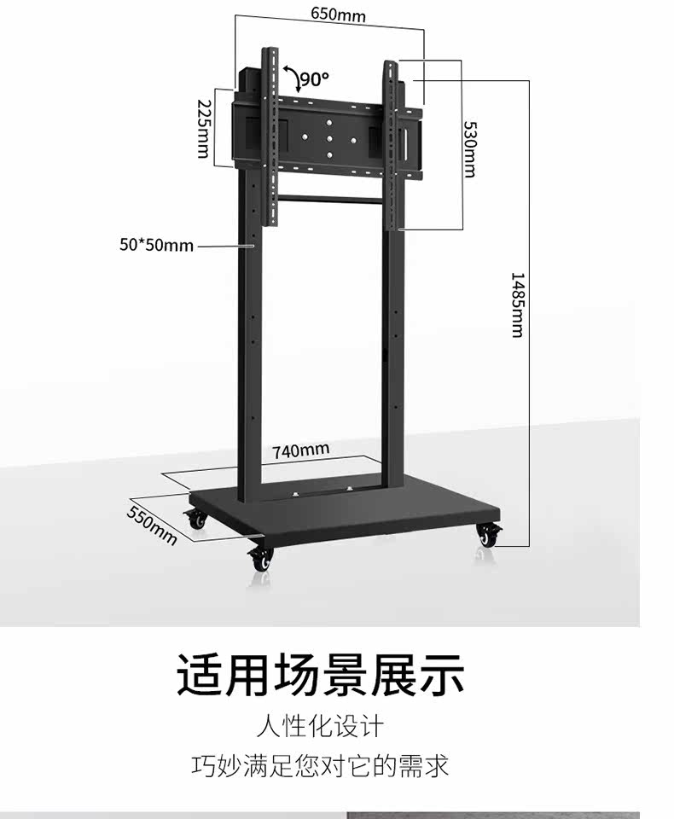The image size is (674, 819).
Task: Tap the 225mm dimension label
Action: (x=203, y=128)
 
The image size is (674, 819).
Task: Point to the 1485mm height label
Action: (x=517, y=305)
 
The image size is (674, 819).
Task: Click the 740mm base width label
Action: (x=300, y=450)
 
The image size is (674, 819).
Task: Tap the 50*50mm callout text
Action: (x=156, y=246)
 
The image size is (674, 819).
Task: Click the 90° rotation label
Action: (x=314, y=79)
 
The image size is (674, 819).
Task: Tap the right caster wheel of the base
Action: (x=489, y=536)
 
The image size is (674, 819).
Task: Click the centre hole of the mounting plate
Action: (x=328, y=137)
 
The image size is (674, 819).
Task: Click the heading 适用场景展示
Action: (x=320, y=674)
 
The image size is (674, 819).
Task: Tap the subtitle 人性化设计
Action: (x=320, y=727)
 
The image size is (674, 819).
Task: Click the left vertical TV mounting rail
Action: (x=270, y=136)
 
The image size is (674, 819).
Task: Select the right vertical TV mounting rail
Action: (x=392, y=145)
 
